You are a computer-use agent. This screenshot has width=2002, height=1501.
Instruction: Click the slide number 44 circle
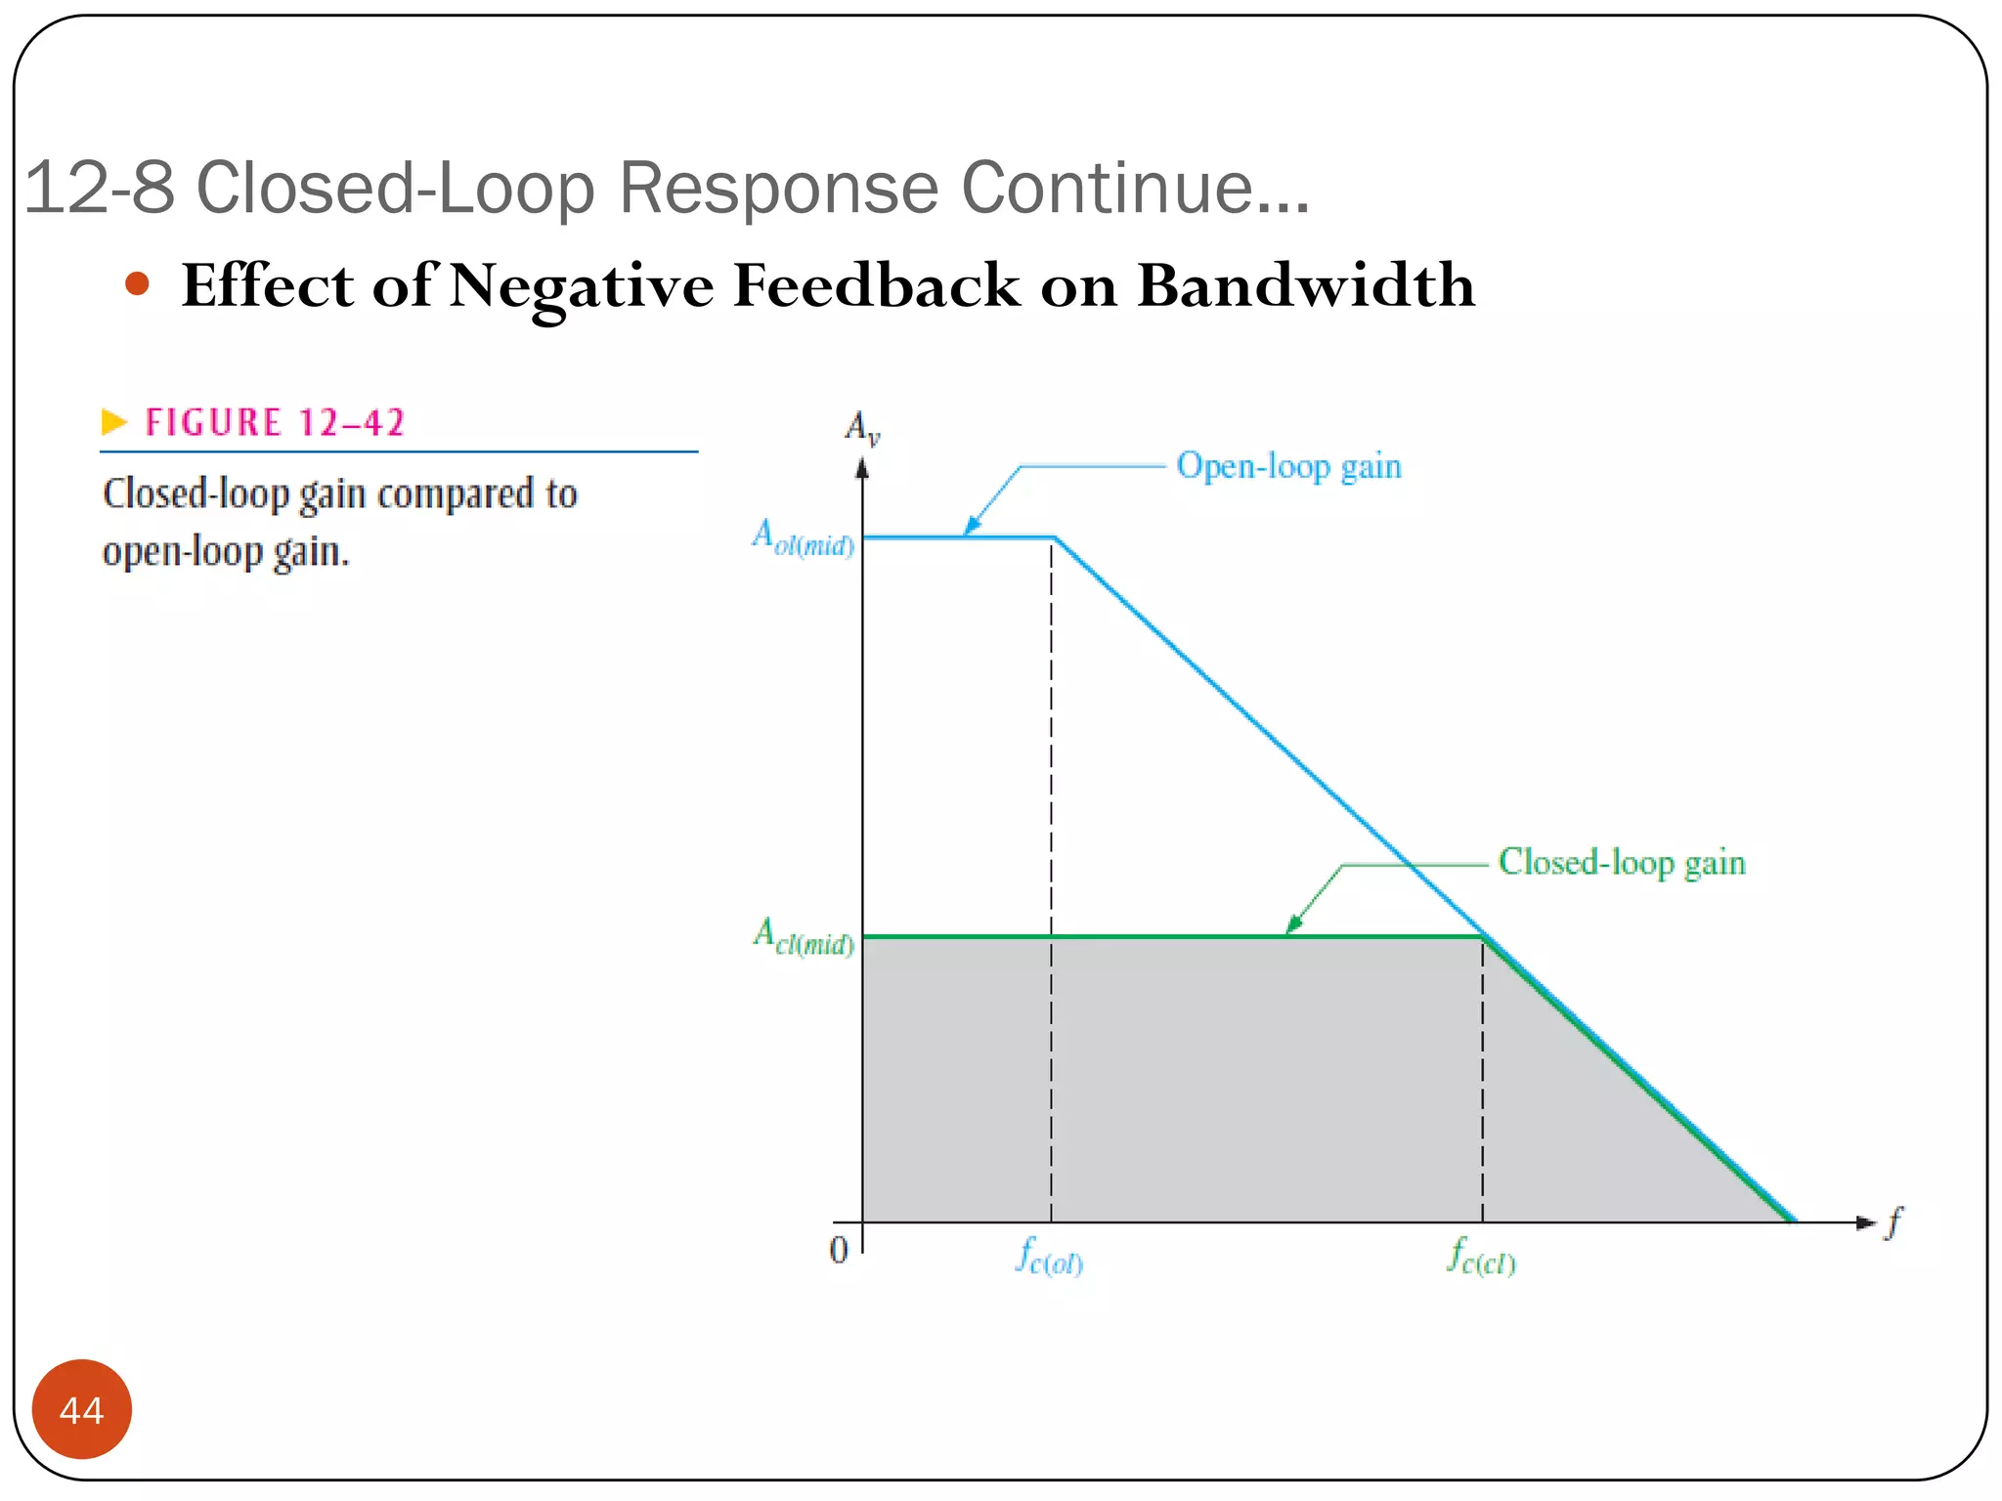tap(81, 1409)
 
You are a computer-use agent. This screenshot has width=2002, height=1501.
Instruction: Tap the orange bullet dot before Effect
tap(138, 284)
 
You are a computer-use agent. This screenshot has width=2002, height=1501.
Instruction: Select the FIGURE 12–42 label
tap(275, 422)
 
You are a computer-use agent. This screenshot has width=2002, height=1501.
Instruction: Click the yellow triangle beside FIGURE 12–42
tap(114, 422)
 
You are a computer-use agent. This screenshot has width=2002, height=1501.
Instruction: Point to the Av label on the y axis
tap(862, 427)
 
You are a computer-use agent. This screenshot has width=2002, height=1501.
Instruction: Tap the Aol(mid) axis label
tap(803, 537)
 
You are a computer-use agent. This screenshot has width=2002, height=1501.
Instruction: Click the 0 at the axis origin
tap(839, 1250)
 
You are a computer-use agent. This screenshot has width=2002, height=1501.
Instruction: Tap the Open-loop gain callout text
tap(1288, 466)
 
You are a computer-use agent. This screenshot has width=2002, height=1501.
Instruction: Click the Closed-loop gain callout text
tap(1621, 863)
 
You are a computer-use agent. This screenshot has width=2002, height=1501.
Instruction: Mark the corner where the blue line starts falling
tap(1055, 537)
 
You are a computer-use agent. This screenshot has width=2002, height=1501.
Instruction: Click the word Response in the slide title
tap(778, 187)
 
